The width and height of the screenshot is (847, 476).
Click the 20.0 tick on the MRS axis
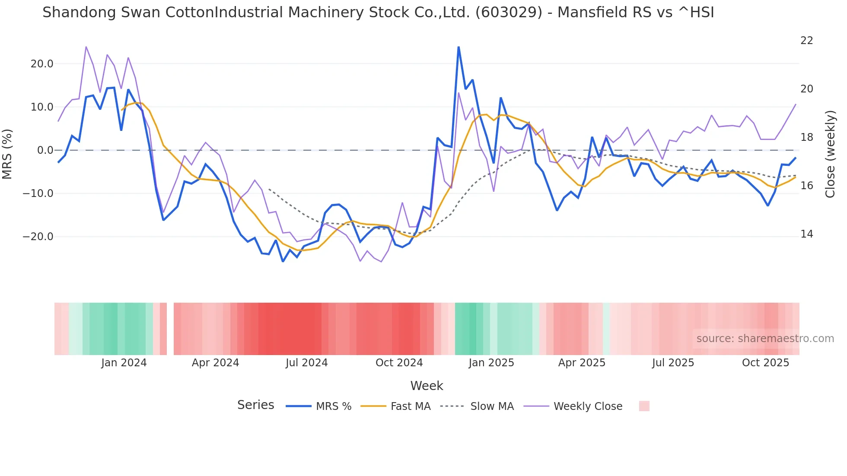tap(41, 64)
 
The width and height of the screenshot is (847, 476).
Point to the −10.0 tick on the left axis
tap(38, 194)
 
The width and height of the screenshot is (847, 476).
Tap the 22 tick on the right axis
tap(806, 41)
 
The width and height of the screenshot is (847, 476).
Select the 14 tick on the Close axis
tap(806, 234)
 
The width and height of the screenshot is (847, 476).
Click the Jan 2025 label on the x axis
tap(491, 363)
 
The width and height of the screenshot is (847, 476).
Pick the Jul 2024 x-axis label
tap(306, 363)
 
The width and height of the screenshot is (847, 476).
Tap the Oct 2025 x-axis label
tap(765, 363)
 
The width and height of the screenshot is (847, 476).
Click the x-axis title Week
tap(427, 386)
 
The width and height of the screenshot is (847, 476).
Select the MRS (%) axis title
tap(7, 154)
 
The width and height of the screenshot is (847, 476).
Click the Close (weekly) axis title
tap(830, 154)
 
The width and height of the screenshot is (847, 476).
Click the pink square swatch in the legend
tap(644, 406)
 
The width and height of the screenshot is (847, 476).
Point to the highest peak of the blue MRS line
tap(459, 47)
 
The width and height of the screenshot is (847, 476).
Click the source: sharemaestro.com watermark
tap(765, 339)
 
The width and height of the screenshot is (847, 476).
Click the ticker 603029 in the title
tap(509, 12)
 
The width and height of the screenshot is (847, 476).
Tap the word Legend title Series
tap(255, 405)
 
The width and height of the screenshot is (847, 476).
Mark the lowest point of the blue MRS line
tap(283, 261)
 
